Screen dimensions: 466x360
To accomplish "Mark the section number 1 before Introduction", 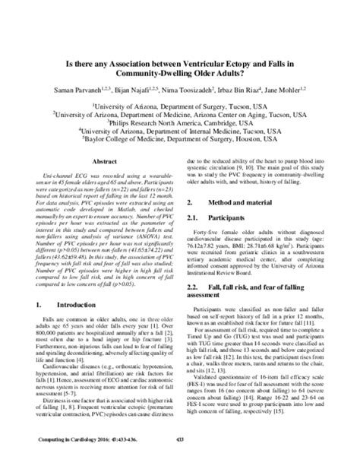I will coord(39,325).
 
